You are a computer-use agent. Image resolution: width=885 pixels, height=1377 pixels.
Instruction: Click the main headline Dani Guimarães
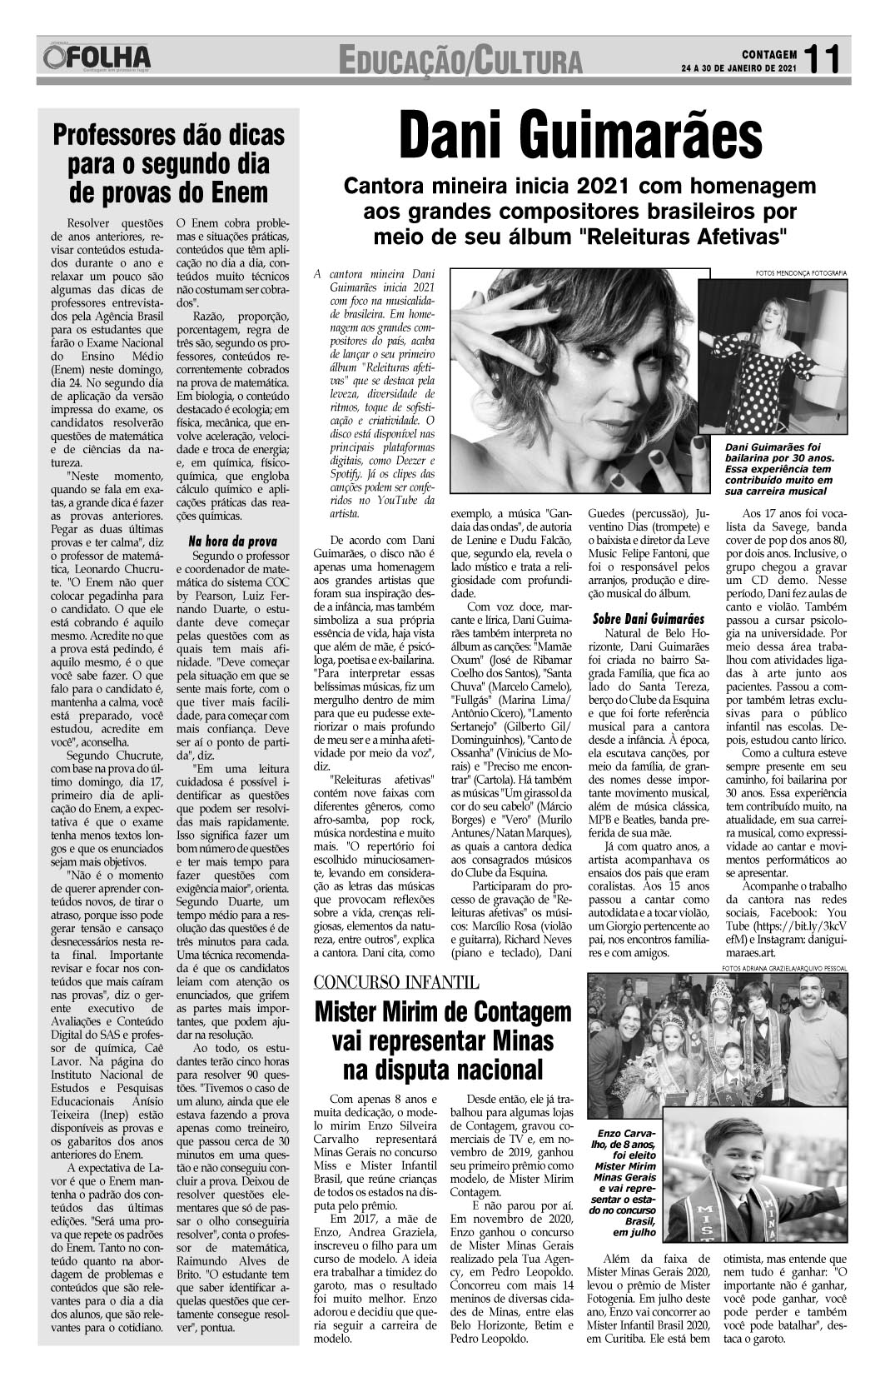[579, 138]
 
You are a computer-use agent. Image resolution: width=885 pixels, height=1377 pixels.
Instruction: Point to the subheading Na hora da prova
[232, 541]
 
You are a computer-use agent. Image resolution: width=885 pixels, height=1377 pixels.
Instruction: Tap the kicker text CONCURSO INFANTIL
[395, 982]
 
